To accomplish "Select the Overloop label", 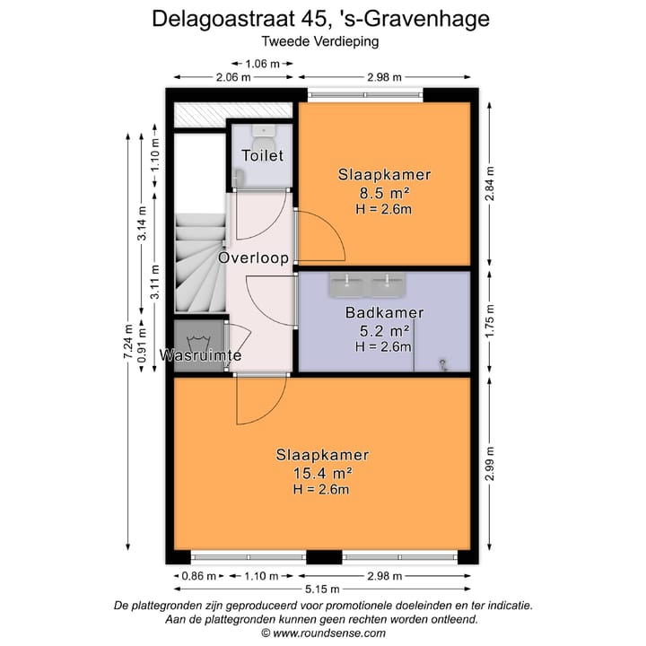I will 254,258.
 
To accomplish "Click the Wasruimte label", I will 200,356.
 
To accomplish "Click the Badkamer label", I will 383,313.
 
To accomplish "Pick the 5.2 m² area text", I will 383,330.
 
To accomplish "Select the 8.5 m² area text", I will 383,192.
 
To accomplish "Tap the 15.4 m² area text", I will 320,472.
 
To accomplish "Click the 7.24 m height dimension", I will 127,342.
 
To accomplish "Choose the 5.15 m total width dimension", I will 322,589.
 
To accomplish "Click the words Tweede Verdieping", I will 320,40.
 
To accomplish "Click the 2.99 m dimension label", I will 489,464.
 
